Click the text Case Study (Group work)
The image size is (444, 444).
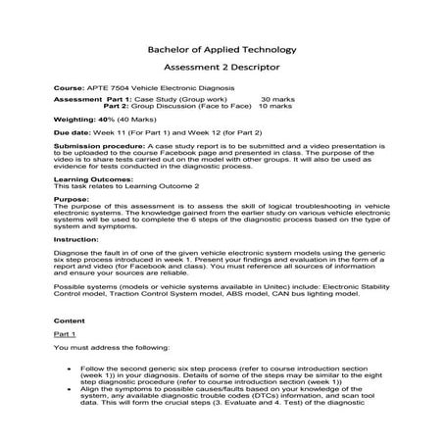(x=186, y=99)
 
